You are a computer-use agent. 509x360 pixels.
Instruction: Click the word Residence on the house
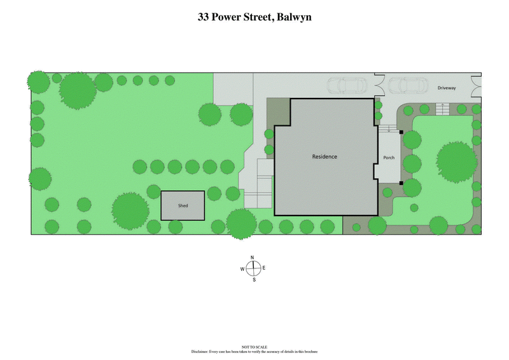point(324,156)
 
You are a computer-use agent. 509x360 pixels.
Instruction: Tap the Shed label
point(183,205)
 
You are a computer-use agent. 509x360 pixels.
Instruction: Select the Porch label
point(389,158)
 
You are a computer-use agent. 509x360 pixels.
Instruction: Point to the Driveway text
point(446,88)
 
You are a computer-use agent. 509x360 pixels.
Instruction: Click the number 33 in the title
point(205,18)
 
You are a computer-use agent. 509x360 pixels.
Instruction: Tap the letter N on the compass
point(253,258)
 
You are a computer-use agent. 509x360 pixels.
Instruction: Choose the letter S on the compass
point(253,280)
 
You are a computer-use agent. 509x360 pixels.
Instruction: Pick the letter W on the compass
point(242,269)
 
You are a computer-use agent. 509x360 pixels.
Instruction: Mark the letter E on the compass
point(264,268)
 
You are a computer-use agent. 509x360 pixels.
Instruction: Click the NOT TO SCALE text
point(254,347)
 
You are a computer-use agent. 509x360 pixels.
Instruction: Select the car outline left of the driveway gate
point(346,86)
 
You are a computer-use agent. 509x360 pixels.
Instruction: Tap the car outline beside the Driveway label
point(407,86)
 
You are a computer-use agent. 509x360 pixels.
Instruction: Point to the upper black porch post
point(401,132)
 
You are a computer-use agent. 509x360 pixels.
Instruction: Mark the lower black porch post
point(401,183)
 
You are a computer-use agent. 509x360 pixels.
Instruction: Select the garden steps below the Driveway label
point(443,109)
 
